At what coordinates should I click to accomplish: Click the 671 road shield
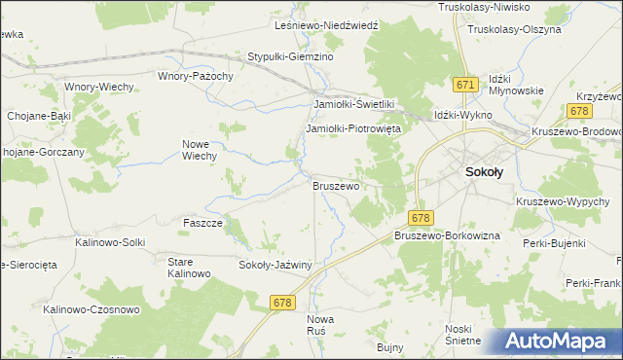click(x=464, y=86)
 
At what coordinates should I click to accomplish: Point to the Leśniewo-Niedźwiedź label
click(x=312, y=25)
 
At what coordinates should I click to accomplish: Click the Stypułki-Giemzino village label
click(x=291, y=57)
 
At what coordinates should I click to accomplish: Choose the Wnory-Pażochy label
click(x=196, y=75)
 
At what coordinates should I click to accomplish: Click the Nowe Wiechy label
click(x=199, y=149)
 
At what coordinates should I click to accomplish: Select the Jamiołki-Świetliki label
click(x=352, y=104)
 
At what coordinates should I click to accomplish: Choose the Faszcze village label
click(x=203, y=223)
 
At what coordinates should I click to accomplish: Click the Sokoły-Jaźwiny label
click(x=275, y=264)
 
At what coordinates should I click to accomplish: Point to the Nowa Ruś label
click(x=320, y=324)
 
